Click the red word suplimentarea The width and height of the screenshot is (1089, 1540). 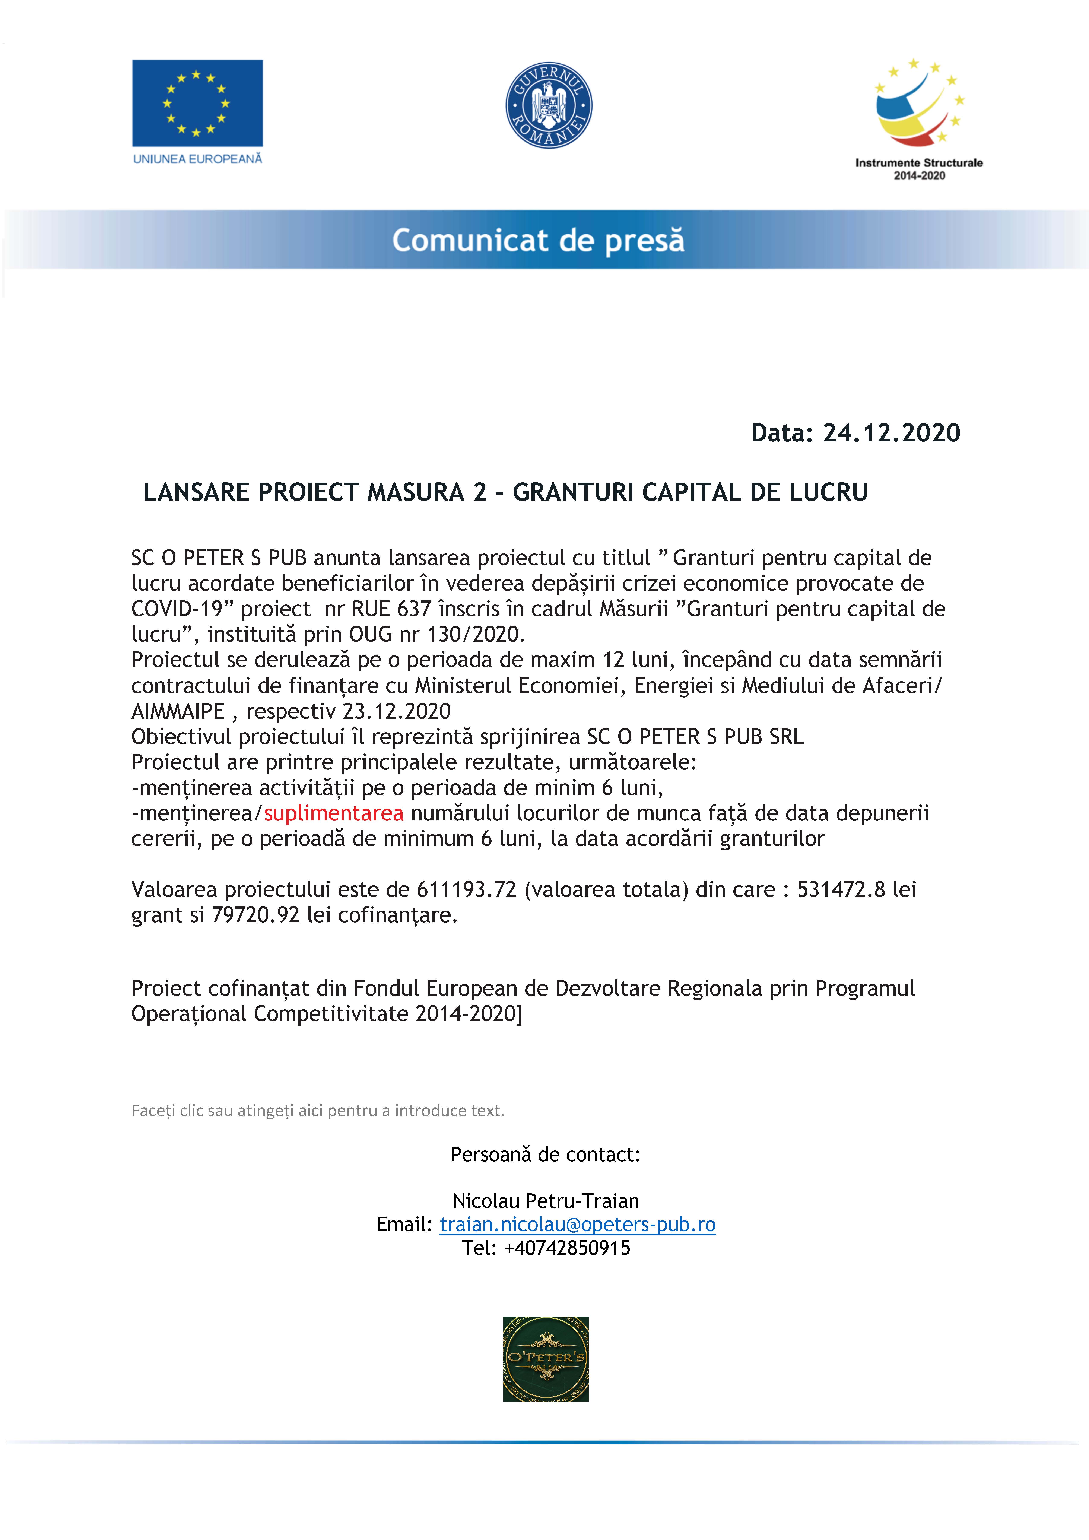(x=333, y=813)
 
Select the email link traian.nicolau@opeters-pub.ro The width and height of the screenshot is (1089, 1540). (x=577, y=1224)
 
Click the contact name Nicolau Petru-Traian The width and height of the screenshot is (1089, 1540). (x=546, y=1201)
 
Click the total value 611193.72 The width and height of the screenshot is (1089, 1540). (x=467, y=889)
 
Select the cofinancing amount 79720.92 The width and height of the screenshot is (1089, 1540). (x=255, y=915)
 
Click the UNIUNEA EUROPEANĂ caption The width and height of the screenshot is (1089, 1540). (x=197, y=159)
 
